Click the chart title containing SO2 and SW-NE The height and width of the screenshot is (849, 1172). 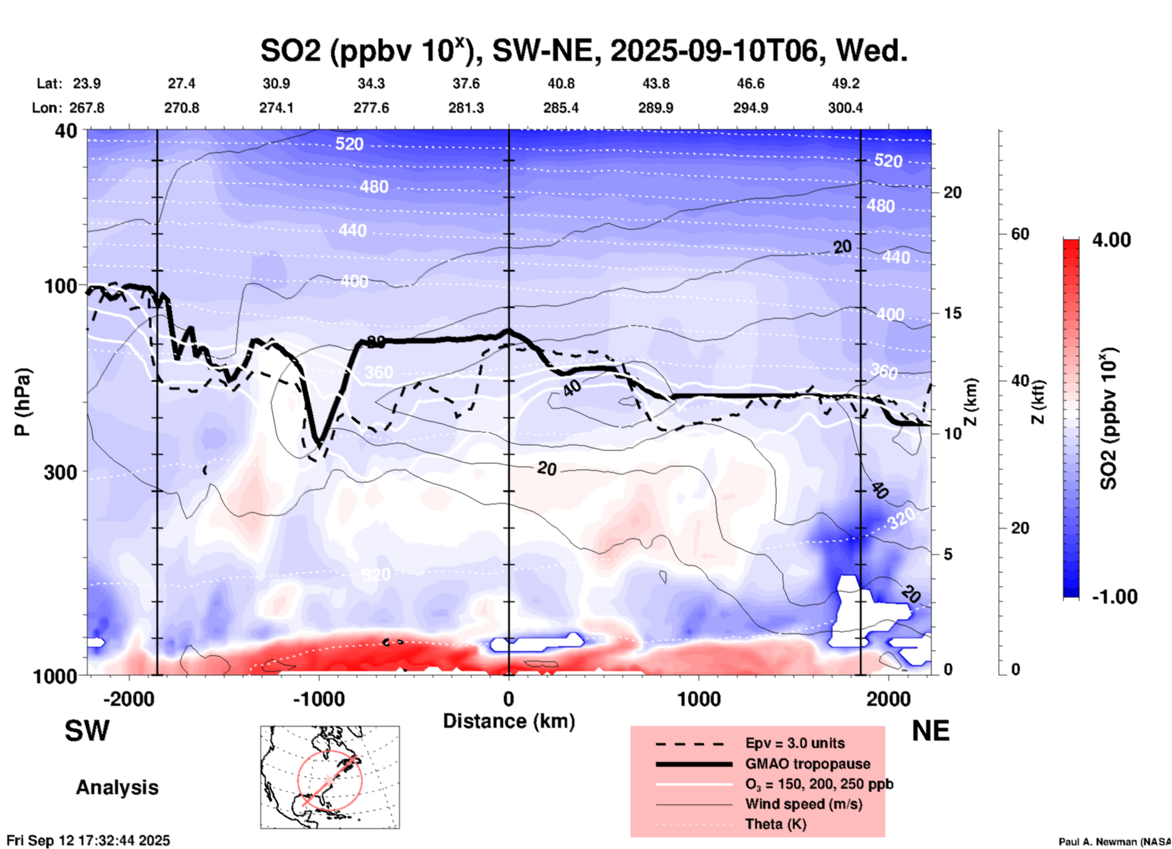pos(584,51)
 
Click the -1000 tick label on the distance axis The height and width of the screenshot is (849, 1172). pos(318,699)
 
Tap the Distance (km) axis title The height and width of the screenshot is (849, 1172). pos(509,721)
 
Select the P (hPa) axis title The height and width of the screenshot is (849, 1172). pos(23,402)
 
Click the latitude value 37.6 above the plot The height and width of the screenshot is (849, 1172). pos(466,83)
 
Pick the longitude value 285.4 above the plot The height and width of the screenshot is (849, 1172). pos(560,108)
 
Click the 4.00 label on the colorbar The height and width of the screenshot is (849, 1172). pos(1111,239)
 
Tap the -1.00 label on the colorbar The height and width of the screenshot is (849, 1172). pos(1114,596)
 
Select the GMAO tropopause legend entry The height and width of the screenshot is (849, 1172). pos(807,764)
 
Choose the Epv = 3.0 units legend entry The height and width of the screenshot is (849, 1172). pos(795,743)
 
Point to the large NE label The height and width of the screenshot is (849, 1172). pos(930,731)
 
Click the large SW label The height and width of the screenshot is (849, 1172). pos(87,731)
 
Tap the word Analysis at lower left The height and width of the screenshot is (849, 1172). pos(117,787)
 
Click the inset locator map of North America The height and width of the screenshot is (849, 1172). pos(330,777)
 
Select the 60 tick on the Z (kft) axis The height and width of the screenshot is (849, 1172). pos(1020,234)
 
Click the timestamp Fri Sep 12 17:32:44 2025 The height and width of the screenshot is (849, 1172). pos(88,840)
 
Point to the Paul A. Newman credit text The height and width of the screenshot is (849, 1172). pos(1114,842)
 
